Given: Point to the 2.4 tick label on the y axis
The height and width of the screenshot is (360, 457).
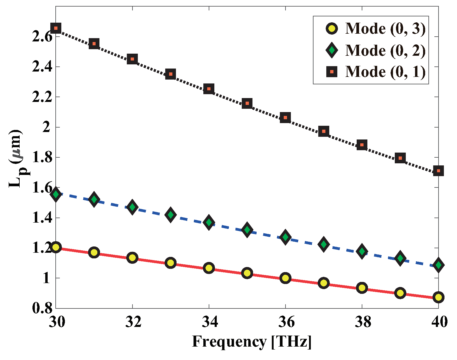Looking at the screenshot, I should click(42, 67).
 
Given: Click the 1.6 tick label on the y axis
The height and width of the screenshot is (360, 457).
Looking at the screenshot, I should click(42, 188).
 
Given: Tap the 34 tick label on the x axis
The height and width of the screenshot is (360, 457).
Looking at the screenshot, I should click(209, 322).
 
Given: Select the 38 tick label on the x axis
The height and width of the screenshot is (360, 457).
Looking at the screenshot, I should click(362, 322).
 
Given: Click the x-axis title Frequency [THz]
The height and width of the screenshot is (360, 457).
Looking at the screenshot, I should click(252, 342).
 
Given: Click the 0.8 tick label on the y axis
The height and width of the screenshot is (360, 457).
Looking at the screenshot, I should click(42, 308).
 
